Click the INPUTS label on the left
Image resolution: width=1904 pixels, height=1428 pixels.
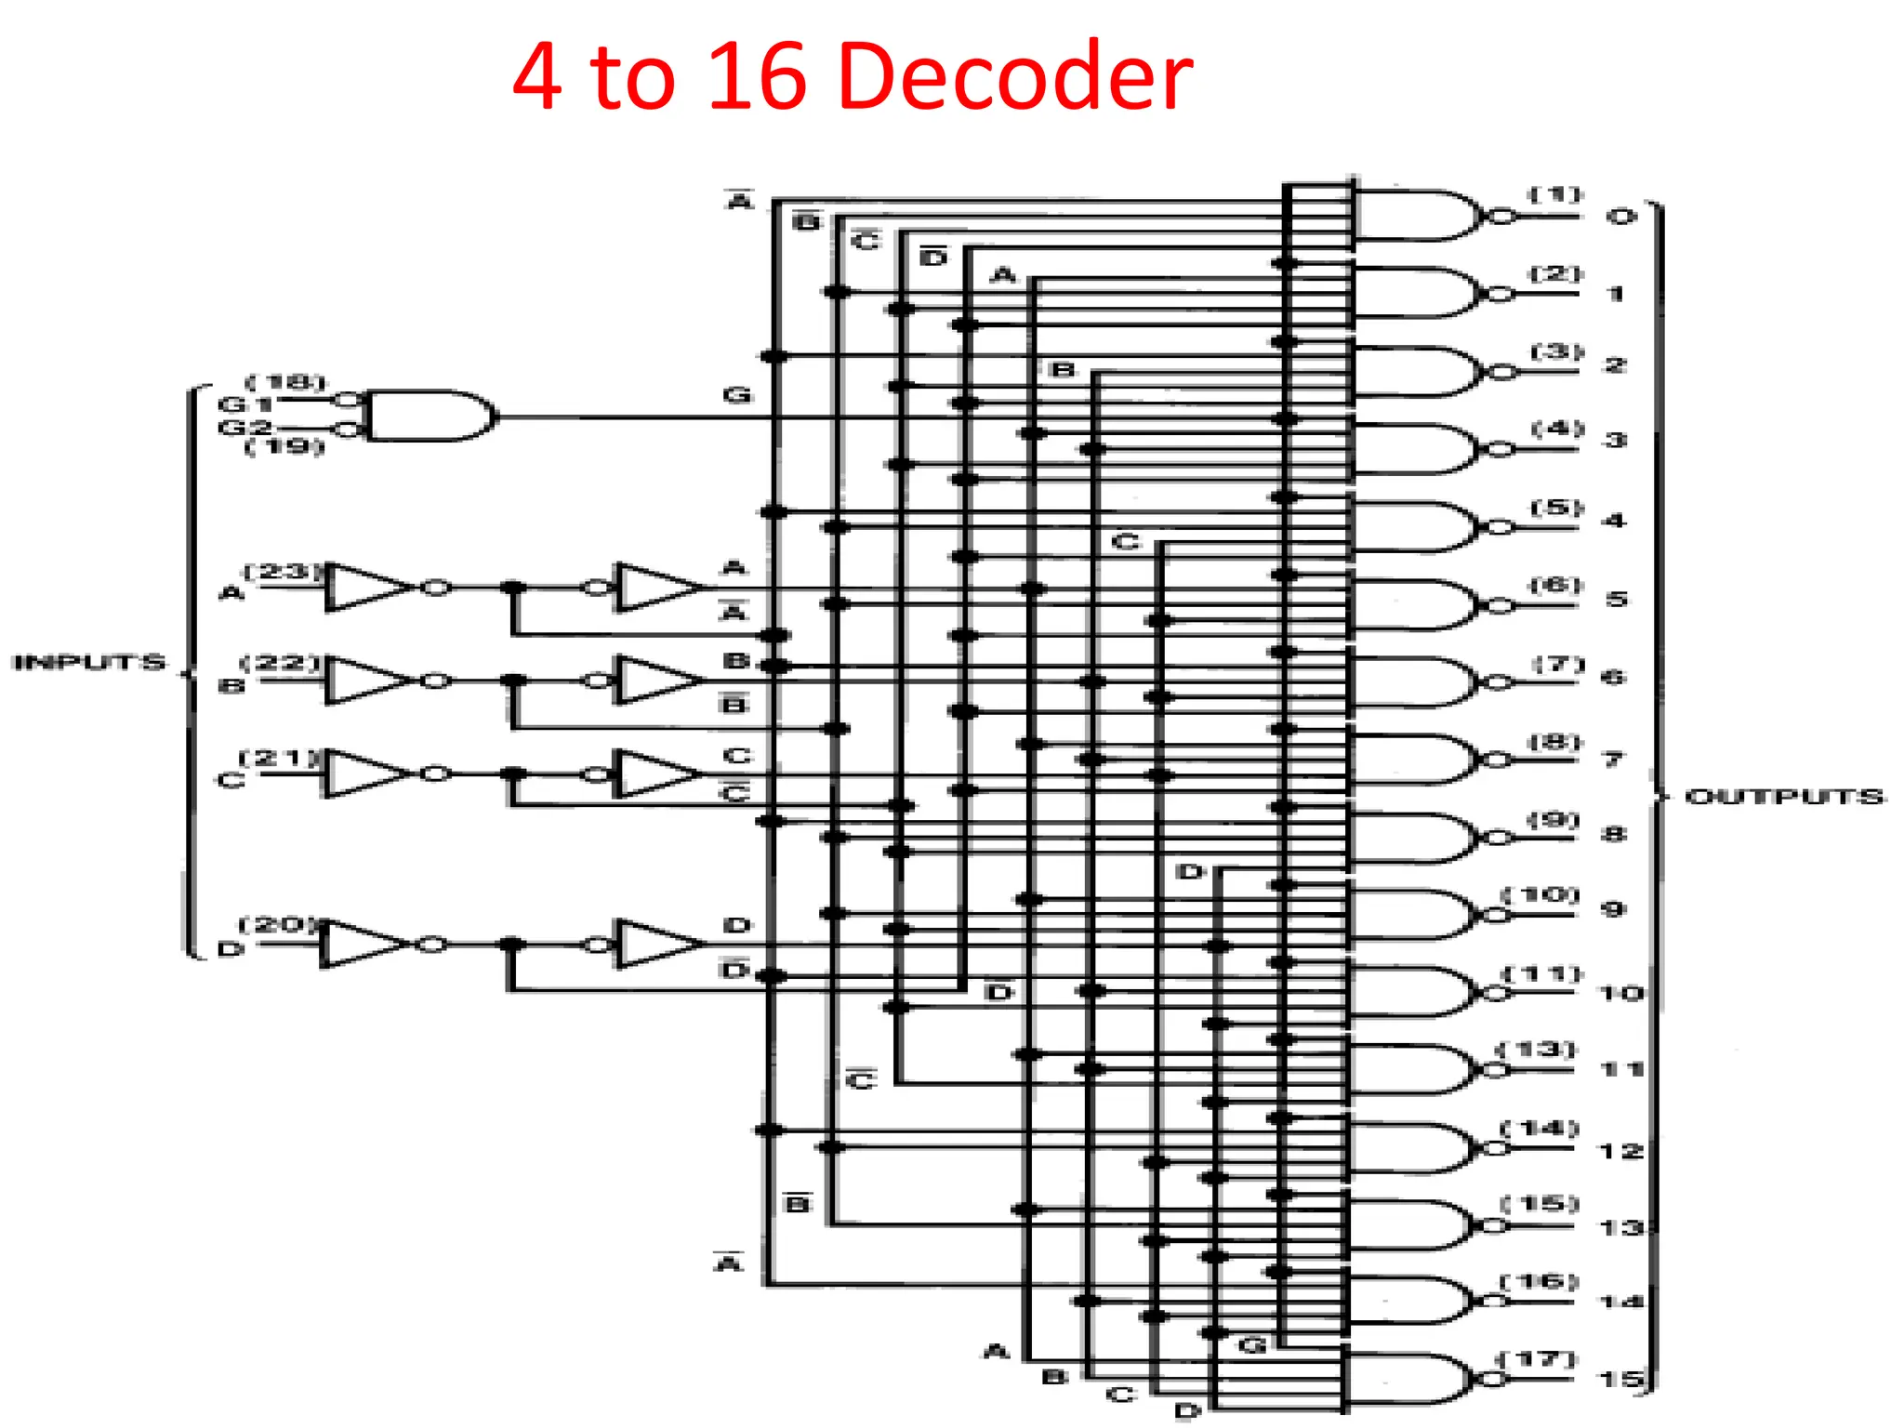(89, 662)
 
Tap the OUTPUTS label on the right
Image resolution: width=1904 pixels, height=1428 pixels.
(1784, 797)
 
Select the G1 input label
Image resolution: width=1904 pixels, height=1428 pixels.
(244, 404)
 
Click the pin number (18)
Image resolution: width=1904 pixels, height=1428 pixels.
(285, 382)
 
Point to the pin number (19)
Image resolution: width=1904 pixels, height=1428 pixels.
(284, 447)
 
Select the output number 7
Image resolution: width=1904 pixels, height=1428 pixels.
(1613, 760)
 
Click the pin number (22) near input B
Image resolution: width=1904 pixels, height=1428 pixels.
(281, 663)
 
